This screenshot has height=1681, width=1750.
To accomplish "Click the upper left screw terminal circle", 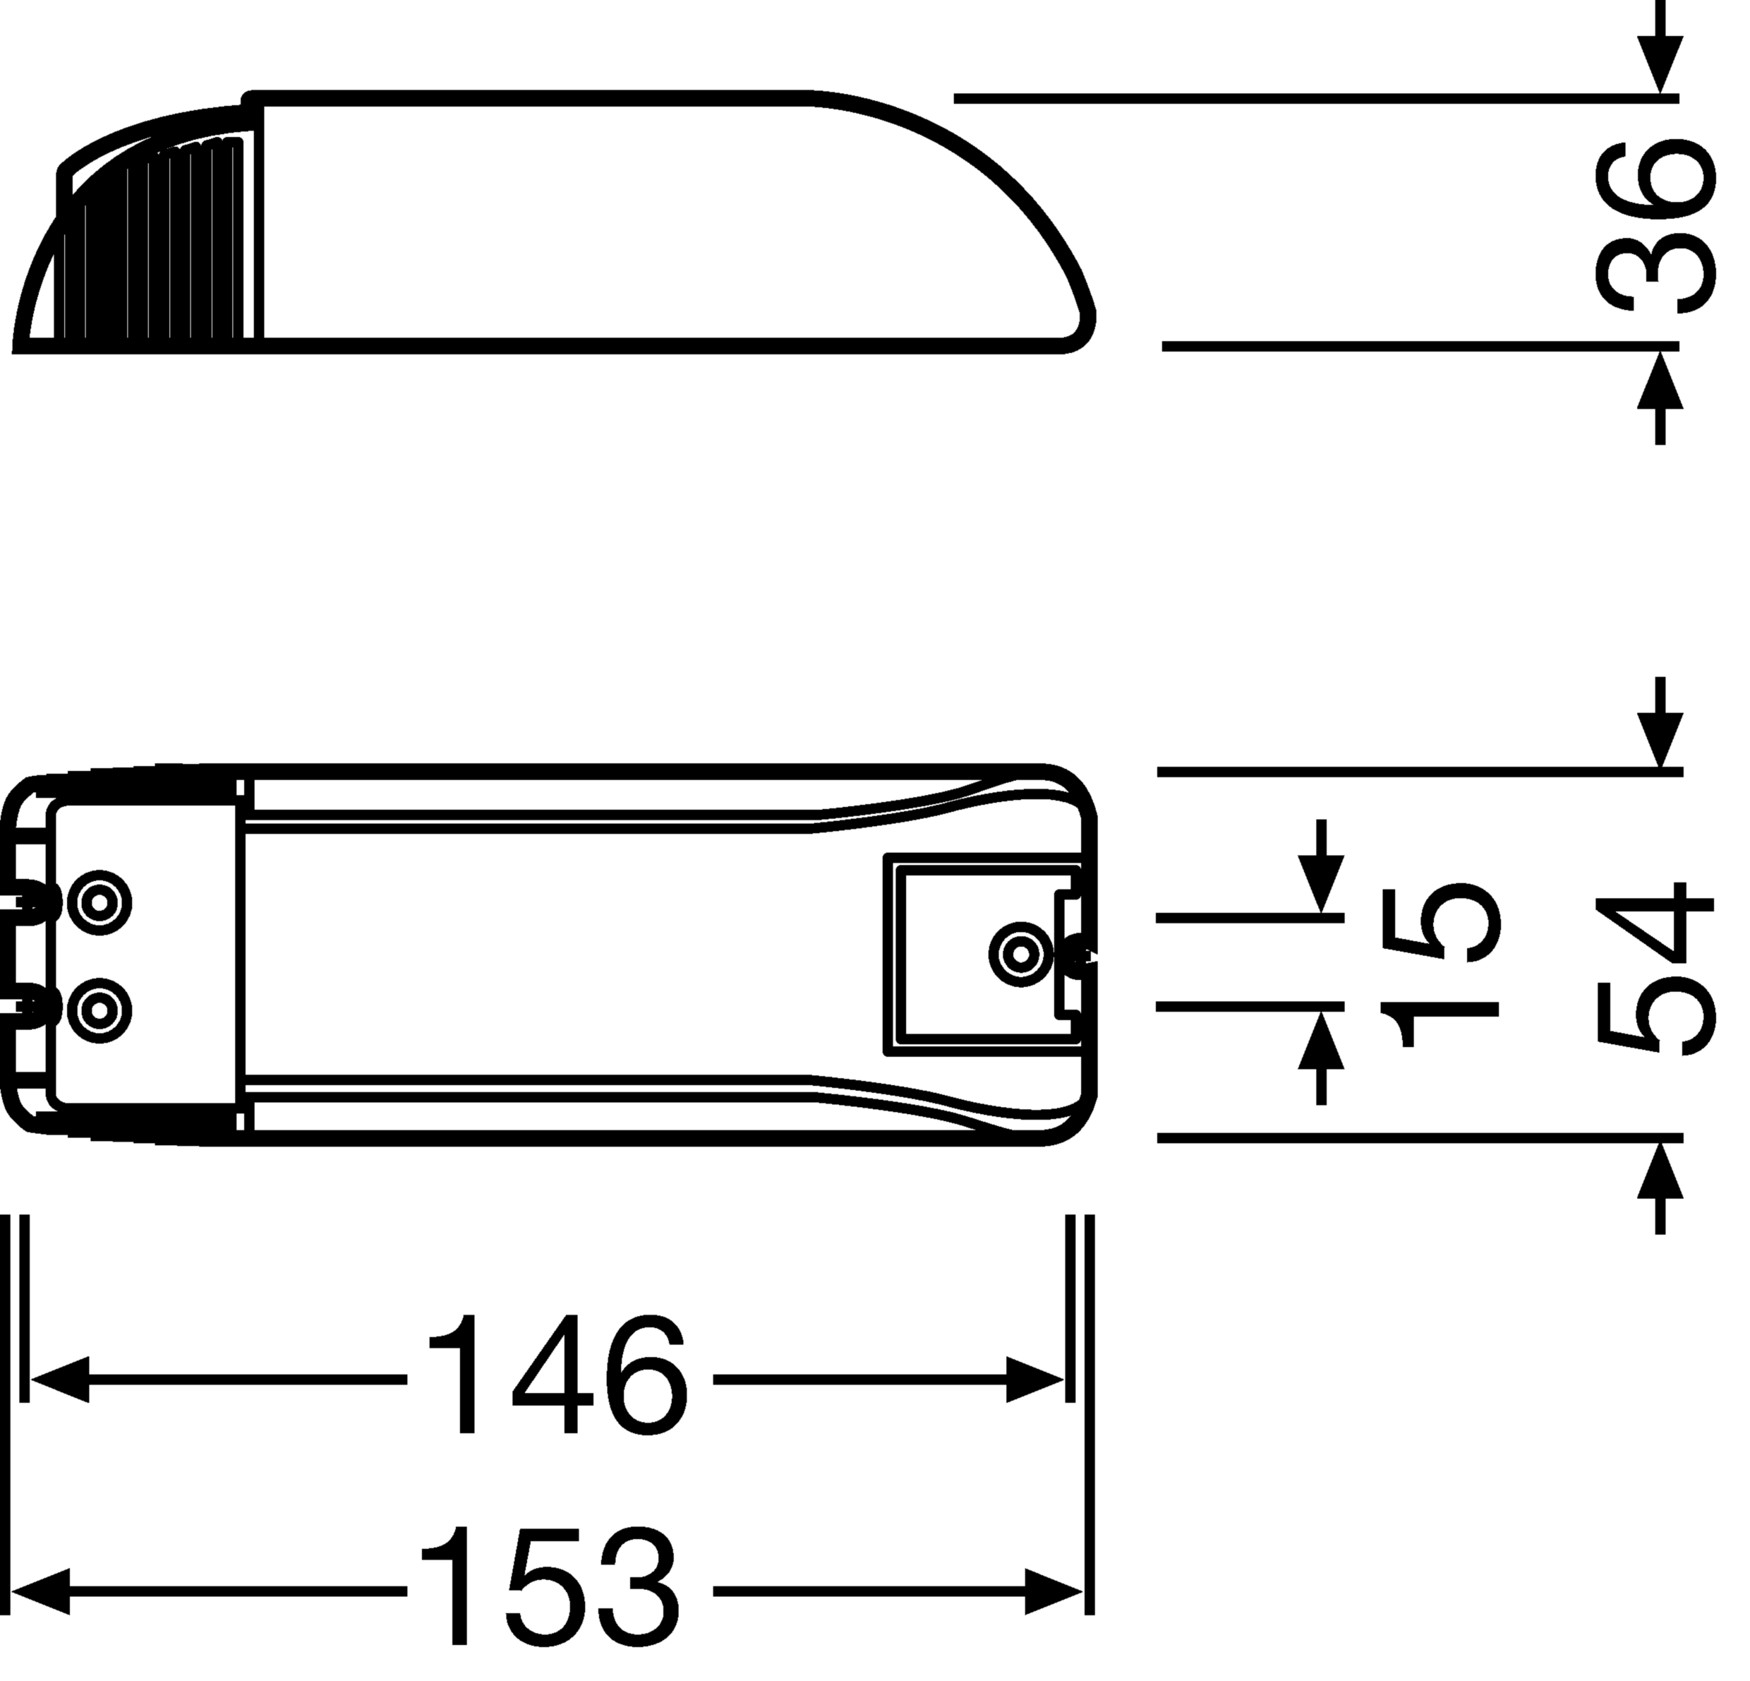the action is coord(100,903).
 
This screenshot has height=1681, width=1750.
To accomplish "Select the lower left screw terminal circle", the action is coord(100,1010).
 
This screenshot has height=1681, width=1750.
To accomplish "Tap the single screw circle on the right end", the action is coord(1020,955).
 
